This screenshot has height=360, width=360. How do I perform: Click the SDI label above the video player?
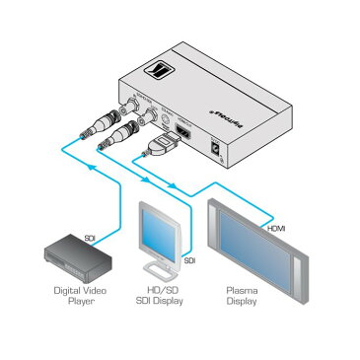[89, 238]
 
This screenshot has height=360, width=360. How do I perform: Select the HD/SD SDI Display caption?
[160, 296]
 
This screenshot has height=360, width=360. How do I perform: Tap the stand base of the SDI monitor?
[158, 269]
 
